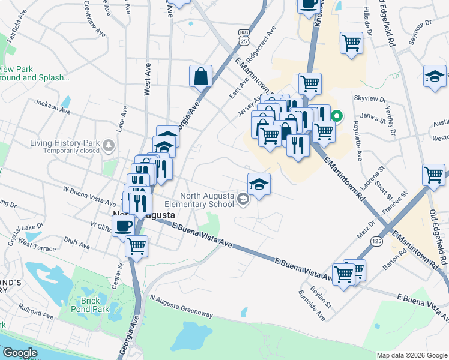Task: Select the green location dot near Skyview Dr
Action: point(337,116)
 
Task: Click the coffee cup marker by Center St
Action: point(124,226)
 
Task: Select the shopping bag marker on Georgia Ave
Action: point(200,76)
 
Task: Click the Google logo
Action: point(19,353)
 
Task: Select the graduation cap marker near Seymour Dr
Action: point(435,77)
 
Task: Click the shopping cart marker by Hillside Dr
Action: point(351,43)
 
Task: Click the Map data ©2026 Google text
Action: point(411,355)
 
